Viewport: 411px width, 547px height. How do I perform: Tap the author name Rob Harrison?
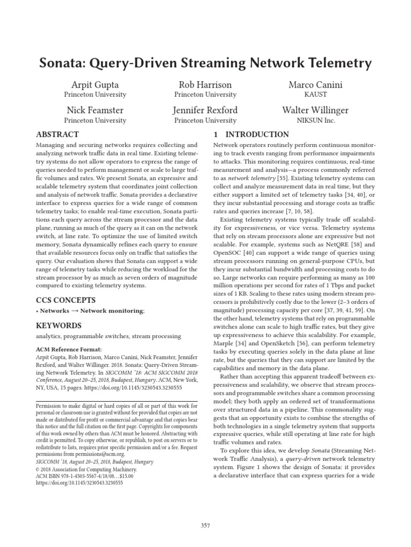point(205,85)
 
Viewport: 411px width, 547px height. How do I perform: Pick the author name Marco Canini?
point(315,85)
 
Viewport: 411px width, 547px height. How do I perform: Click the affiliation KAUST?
point(315,95)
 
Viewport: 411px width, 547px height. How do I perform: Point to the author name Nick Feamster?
point(95,111)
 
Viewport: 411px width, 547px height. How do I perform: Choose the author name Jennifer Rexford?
point(205,111)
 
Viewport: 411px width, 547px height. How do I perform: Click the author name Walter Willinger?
point(315,111)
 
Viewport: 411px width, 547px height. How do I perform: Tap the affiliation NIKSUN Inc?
point(315,120)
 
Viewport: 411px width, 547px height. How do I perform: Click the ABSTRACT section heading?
point(57,135)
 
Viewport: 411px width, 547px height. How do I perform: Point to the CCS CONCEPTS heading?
point(65,300)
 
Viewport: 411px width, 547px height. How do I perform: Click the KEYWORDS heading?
point(58,325)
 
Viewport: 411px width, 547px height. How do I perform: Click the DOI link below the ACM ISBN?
point(79,482)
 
